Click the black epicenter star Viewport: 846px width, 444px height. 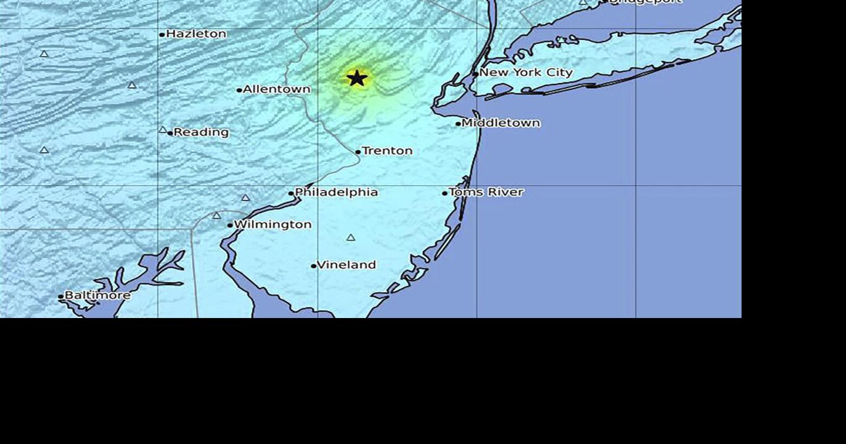click(x=357, y=78)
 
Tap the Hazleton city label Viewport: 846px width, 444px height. click(x=196, y=34)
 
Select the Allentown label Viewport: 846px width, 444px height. click(x=276, y=89)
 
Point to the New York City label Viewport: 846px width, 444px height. click(x=526, y=72)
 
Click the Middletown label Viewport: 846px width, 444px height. click(x=501, y=123)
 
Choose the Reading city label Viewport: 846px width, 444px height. click(x=201, y=132)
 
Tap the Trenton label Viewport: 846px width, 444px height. click(x=387, y=151)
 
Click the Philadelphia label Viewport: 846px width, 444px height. click(x=336, y=192)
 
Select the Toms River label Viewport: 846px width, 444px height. click(x=486, y=192)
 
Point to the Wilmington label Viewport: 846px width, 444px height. click(x=273, y=224)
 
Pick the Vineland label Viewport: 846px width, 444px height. click(x=346, y=265)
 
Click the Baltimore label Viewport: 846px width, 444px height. click(x=98, y=295)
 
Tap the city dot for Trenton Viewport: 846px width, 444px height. click(x=358, y=152)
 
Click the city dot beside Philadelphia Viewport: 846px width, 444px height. click(x=291, y=193)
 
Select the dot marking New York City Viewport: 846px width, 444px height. click(x=475, y=73)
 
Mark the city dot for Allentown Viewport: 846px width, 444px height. click(x=239, y=90)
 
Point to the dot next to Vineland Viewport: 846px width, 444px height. click(x=313, y=266)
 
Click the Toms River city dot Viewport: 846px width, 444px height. click(x=444, y=193)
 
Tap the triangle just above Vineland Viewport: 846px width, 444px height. click(x=351, y=238)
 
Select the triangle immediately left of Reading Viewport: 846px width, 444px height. click(x=163, y=130)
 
